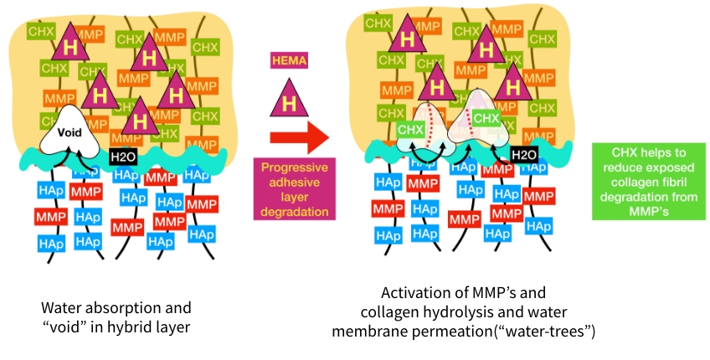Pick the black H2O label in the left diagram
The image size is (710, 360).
122,155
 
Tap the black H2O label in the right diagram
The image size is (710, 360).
523,155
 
